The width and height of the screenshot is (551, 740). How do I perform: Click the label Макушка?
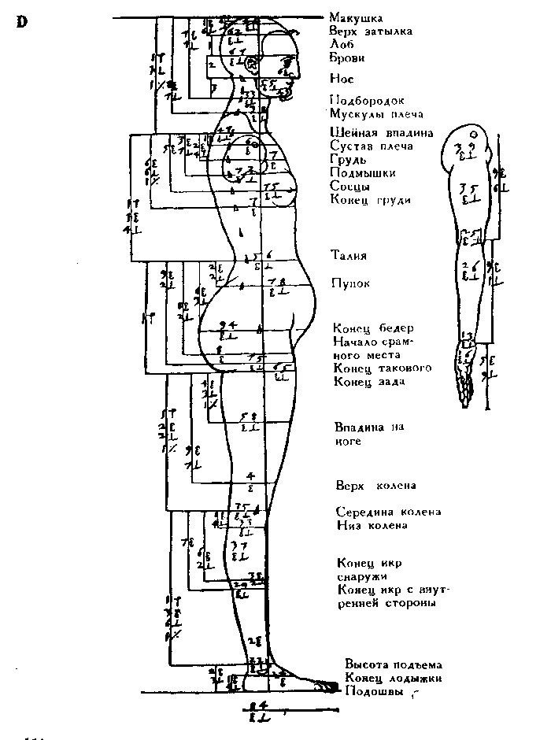[x=356, y=17]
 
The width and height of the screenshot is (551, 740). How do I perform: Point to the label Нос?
[x=342, y=79]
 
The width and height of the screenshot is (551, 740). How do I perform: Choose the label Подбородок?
[x=367, y=101]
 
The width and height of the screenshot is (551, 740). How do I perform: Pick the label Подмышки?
[x=363, y=173]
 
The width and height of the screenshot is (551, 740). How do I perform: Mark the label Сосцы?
[x=351, y=186]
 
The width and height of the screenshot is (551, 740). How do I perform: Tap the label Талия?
[x=349, y=256]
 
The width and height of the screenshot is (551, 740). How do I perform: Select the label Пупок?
[x=349, y=283]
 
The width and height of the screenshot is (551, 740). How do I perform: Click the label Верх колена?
[x=375, y=485]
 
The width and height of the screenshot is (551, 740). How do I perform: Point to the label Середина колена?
[x=388, y=512]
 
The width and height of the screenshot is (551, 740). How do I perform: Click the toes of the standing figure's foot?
[x=322, y=686]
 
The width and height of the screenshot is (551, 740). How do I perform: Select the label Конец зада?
[x=369, y=383]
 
